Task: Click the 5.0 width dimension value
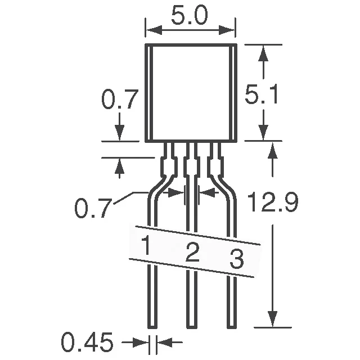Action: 190,17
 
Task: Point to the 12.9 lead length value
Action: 273,203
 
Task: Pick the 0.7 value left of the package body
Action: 119,100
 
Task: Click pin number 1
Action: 146,246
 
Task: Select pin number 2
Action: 192,254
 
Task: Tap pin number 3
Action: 236,260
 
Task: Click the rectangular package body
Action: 191,93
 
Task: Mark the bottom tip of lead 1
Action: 152,326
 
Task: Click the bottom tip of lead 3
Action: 231,326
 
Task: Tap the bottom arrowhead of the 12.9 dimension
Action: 273,321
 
